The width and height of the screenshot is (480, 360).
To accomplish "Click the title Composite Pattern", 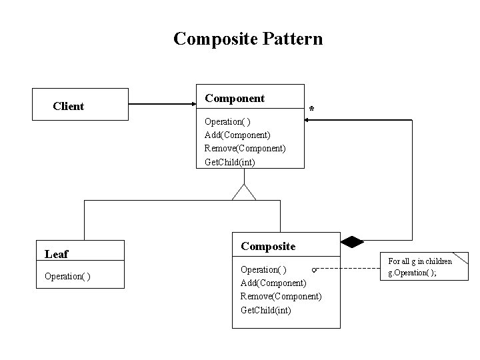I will (247, 39).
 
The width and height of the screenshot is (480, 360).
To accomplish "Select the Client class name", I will (68, 107).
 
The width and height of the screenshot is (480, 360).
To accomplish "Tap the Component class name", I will (234, 98).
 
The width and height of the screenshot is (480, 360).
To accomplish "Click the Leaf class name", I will (56, 253).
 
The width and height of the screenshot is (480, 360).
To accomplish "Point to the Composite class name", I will (267, 246).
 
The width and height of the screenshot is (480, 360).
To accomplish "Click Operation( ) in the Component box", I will (227, 122).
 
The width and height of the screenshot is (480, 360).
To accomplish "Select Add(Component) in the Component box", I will (237, 135).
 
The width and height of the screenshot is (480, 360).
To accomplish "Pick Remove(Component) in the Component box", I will (245, 148).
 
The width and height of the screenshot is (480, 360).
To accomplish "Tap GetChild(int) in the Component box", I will (229, 161).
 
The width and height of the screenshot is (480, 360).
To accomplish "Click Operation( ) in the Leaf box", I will (67, 276).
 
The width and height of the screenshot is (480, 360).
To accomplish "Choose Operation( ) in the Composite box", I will (263, 269).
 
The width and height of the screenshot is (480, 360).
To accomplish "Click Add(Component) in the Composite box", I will (273, 283).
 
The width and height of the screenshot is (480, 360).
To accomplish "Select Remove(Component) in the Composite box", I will (281, 296).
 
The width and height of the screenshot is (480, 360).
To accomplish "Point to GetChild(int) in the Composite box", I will (265, 309).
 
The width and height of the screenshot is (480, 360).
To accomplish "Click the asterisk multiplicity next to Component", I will (312, 109).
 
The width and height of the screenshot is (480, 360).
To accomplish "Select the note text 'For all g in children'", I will (420, 261).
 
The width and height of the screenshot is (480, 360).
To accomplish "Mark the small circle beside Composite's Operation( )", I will (313, 269).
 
